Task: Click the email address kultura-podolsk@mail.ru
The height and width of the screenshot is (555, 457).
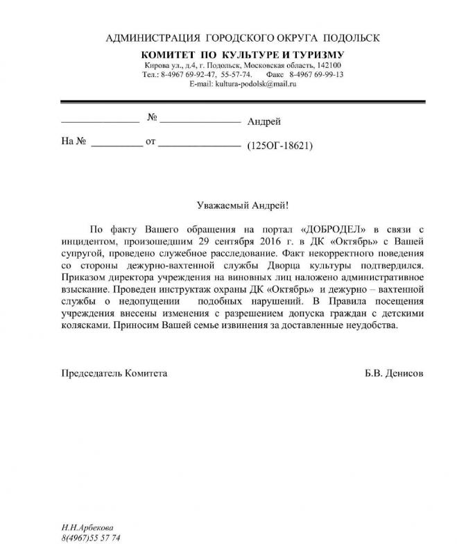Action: coord(243,84)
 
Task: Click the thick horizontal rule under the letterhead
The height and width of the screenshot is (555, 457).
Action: coord(243,102)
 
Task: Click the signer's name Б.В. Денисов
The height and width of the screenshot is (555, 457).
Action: coord(393,373)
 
